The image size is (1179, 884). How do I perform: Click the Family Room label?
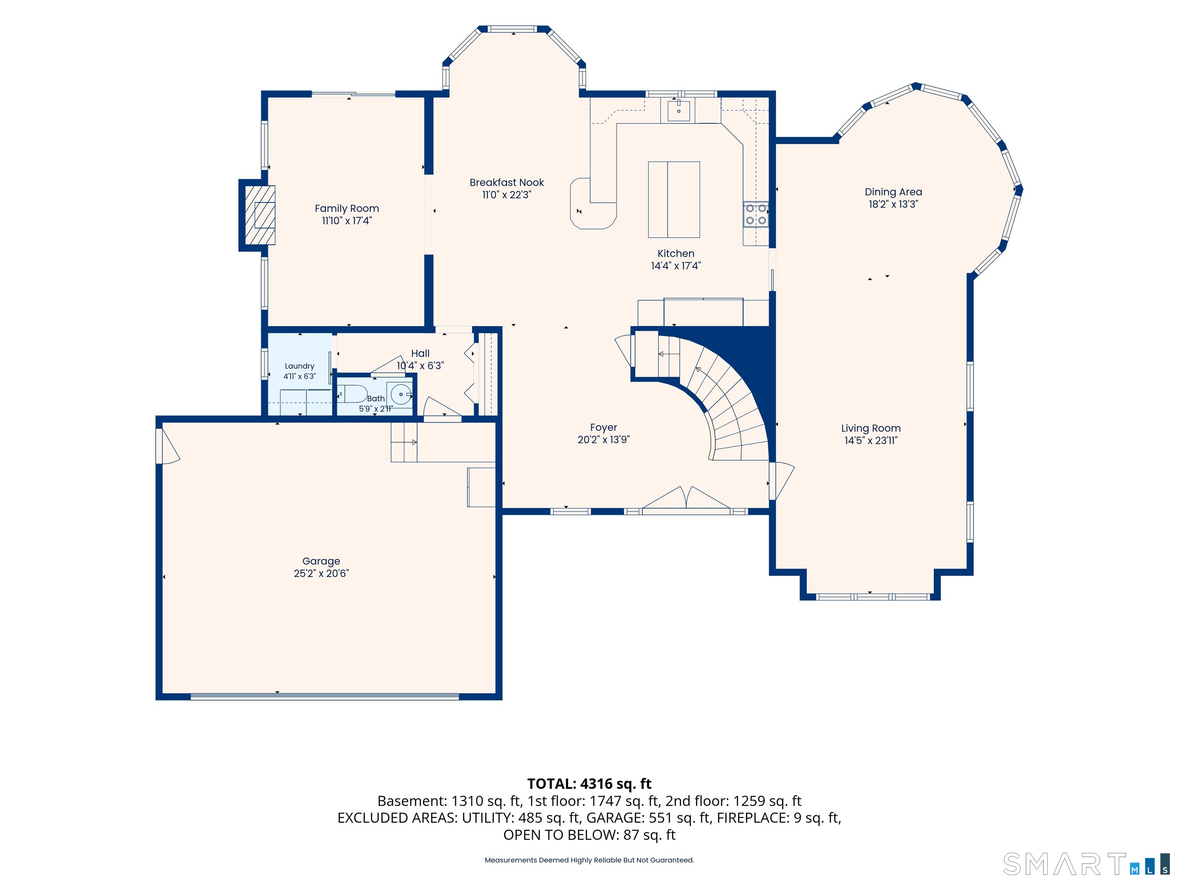click(347, 208)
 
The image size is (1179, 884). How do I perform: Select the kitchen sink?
click(678, 110)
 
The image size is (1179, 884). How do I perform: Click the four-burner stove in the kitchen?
click(756, 214)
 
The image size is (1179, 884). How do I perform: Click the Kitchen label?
click(676, 254)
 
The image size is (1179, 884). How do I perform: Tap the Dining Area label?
click(893, 192)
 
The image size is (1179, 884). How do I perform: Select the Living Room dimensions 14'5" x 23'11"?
click(871, 441)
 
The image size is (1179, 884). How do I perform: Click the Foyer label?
click(603, 427)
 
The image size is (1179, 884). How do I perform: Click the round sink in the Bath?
click(400, 394)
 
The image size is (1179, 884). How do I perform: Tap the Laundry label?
click(299, 366)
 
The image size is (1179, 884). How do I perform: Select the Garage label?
click(321, 561)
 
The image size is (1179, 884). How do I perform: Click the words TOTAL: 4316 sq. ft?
click(589, 784)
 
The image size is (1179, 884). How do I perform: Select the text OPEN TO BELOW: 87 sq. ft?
click(589, 835)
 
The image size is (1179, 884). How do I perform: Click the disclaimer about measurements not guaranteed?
click(589, 860)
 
